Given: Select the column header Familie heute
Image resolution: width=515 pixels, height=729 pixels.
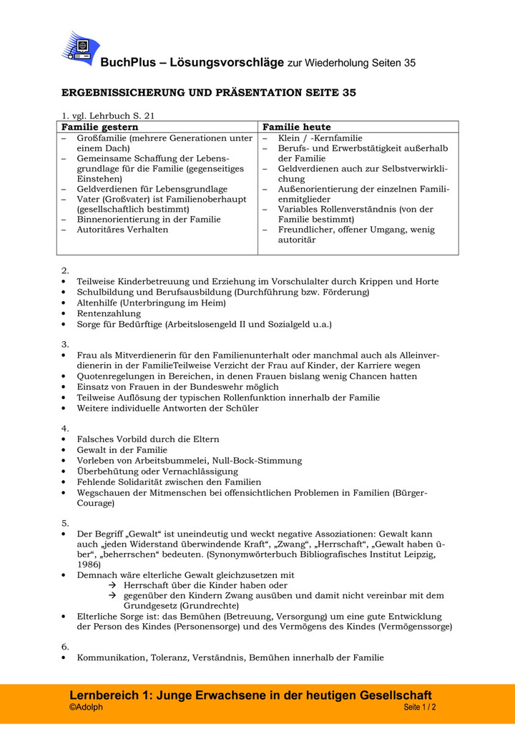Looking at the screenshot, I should coord(297,127).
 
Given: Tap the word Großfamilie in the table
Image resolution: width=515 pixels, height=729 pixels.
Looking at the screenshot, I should coord(103,138).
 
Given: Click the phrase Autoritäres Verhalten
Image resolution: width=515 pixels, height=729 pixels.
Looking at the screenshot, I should coord(123,230).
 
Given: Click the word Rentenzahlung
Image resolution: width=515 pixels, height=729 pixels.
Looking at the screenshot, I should coord(109,313).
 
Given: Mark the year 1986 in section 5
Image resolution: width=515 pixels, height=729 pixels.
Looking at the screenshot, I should coord(89,564).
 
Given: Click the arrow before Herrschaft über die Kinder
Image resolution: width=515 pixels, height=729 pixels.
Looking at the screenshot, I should coord(112,585).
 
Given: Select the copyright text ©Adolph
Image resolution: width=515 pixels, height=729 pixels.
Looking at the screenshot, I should coord(86,708).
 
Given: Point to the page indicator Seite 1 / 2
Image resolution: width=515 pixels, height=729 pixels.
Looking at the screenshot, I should coord(419,708).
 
